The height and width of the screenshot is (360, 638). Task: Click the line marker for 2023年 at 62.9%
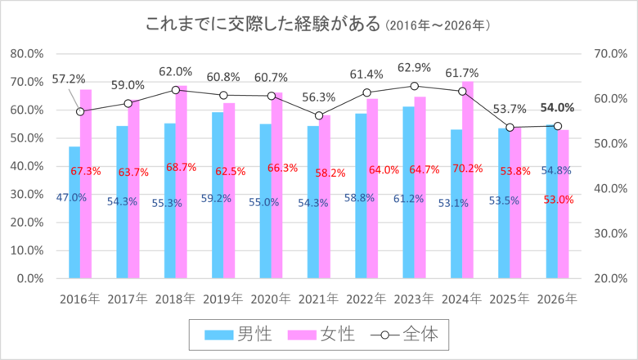[414, 86]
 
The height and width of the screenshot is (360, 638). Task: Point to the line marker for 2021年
[319, 115]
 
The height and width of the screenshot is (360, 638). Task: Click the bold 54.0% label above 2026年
[557, 108]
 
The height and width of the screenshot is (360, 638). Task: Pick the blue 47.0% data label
[72, 198]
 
